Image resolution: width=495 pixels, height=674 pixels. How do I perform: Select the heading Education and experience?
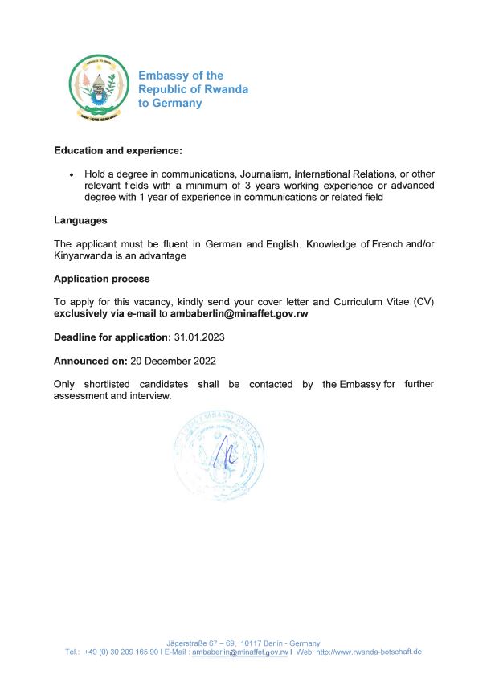point(118,150)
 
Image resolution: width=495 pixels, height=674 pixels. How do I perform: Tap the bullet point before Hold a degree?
point(72,174)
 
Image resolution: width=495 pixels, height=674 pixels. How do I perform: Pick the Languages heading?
point(80,220)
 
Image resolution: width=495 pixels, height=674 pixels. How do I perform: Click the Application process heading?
point(101,279)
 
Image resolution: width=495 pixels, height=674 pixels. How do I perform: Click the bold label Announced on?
point(91,361)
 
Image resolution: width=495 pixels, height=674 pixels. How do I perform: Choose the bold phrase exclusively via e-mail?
point(104,314)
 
